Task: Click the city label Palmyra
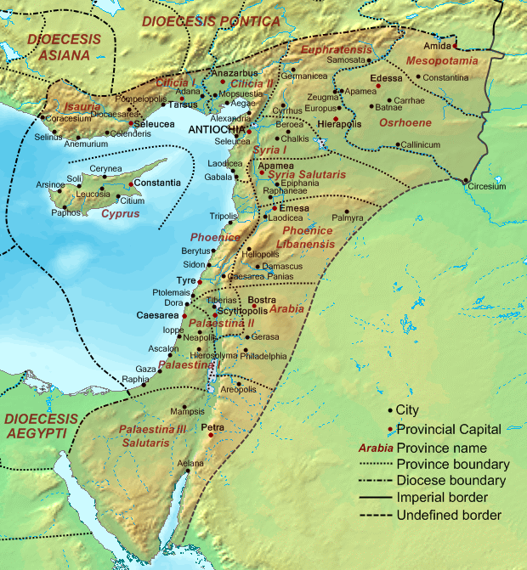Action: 348,218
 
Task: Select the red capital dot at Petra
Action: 210,434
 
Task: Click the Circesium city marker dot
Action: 465,181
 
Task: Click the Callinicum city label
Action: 421,144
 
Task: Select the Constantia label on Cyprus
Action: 157,183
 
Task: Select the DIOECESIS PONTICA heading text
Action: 210,20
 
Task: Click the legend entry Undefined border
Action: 449,515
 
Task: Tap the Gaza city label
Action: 145,370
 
